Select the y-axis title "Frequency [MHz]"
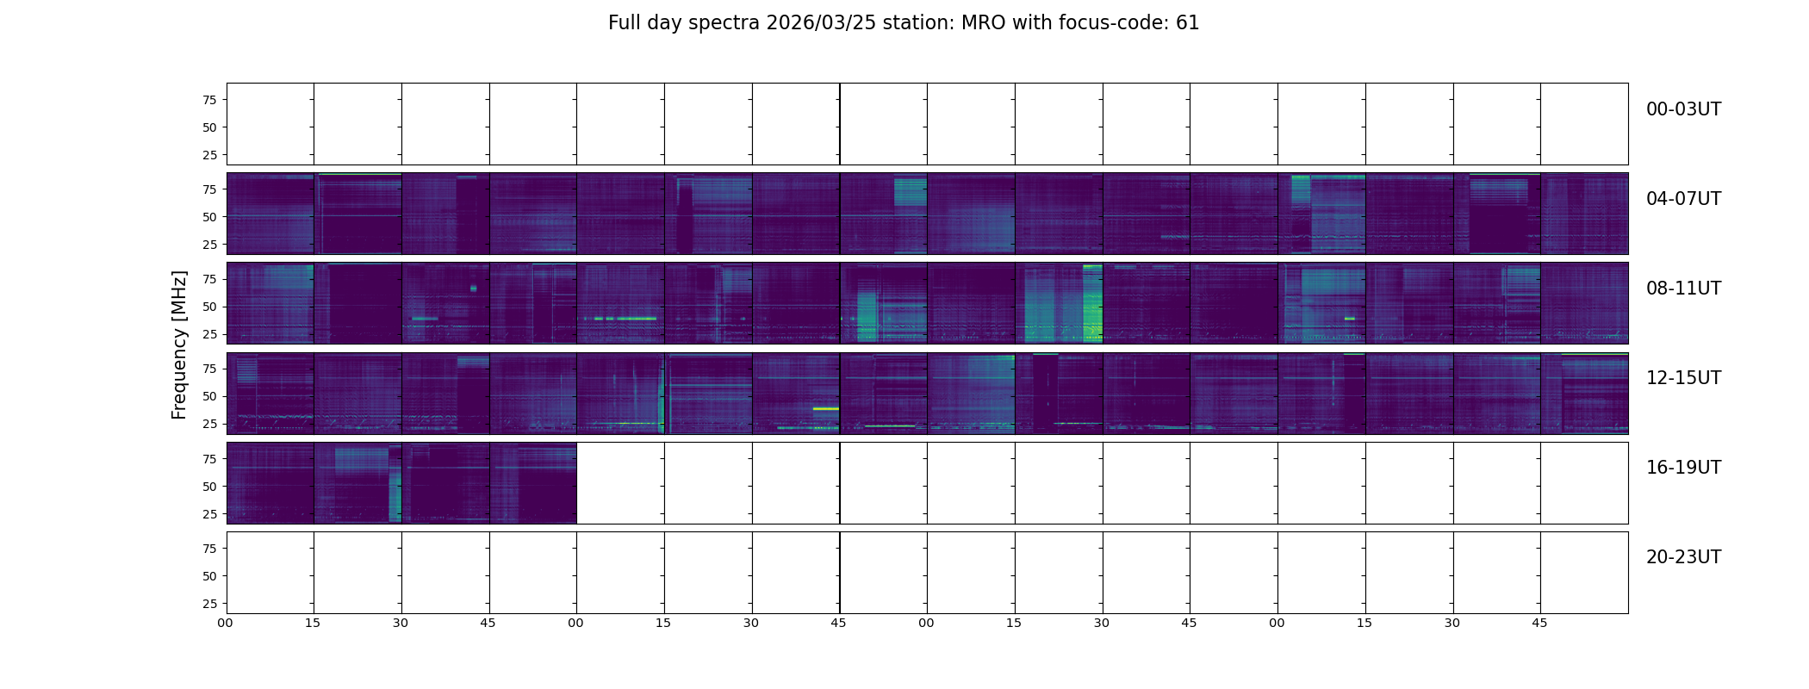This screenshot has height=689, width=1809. click(179, 344)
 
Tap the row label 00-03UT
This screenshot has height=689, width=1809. click(1683, 109)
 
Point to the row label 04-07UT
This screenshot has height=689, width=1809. click(1683, 199)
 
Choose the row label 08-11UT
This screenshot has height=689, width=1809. click(1683, 289)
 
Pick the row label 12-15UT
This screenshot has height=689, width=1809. click(1683, 378)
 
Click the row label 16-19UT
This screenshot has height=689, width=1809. click(1683, 468)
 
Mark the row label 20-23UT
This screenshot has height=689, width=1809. click(1683, 557)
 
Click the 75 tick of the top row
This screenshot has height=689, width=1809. click(209, 100)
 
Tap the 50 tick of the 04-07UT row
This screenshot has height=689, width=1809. click(209, 217)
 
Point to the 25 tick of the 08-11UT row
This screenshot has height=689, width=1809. click(209, 334)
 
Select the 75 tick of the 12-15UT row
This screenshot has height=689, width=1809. click(209, 369)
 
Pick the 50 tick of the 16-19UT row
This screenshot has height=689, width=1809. click(209, 487)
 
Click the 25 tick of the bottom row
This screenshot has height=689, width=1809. click(209, 604)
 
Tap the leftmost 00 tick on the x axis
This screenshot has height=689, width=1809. click(226, 623)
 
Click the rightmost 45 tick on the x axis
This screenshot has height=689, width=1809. click(1539, 623)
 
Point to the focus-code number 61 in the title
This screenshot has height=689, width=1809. click(1188, 23)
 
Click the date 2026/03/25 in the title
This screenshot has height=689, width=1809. click(821, 23)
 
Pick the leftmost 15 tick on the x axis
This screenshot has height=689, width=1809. click(313, 623)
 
